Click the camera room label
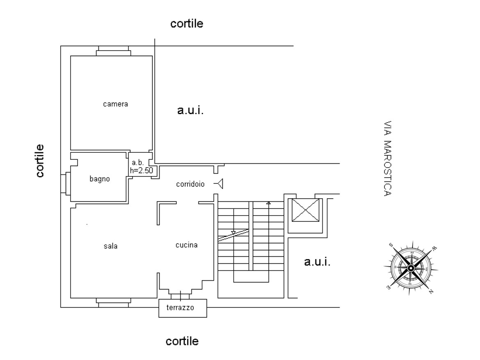click(x=115, y=104)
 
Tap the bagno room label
click(x=100, y=179)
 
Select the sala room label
click(x=110, y=246)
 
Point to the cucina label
click(x=186, y=245)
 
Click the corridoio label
click(x=190, y=184)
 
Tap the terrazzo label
click(x=180, y=307)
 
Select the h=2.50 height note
click(x=142, y=170)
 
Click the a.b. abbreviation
click(x=137, y=163)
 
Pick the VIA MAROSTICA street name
click(x=388, y=158)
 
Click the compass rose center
click(x=411, y=268)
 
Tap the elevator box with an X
click(x=306, y=210)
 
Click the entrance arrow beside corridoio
click(x=218, y=184)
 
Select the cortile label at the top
click(x=187, y=23)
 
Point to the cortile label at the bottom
click(x=182, y=341)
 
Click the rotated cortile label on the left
click(x=40, y=161)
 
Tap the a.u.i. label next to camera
click(x=190, y=110)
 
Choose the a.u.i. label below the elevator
click(x=317, y=261)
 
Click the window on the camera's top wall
click(x=114, y=51)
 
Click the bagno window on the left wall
click(x=66, y=183)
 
